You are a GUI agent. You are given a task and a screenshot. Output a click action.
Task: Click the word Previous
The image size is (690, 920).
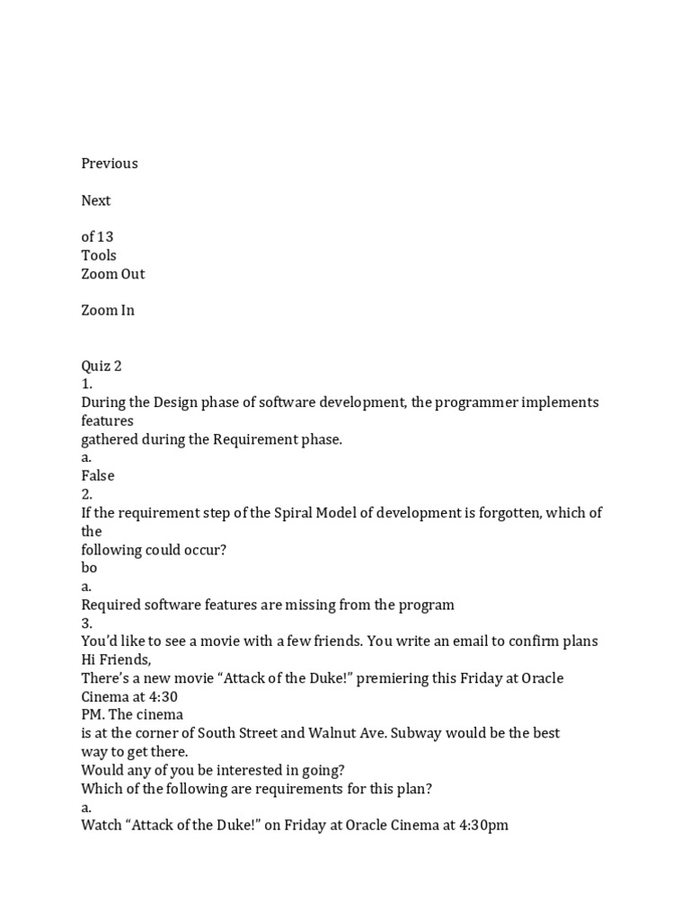[110, 164]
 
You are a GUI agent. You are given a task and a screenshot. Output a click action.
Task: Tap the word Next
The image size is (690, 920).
[96, 200]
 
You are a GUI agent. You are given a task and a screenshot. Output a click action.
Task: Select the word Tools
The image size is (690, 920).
[99, 255]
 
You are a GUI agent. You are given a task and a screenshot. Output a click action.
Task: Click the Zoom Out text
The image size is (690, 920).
[113, 274]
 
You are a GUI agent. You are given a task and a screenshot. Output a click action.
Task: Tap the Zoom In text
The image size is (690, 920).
[108, 310]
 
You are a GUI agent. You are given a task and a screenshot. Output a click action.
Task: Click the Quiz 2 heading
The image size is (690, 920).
[102, 366]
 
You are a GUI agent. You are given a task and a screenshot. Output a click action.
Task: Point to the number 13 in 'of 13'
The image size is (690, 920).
[105, 237]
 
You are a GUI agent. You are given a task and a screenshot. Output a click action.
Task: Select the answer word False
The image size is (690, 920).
[98, 475]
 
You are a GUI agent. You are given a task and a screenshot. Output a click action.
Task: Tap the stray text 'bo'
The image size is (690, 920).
[89, 568]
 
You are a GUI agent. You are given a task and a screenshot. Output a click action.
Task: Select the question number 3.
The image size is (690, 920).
[86, 623]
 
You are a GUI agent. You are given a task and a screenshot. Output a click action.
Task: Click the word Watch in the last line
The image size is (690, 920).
[102, 825]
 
